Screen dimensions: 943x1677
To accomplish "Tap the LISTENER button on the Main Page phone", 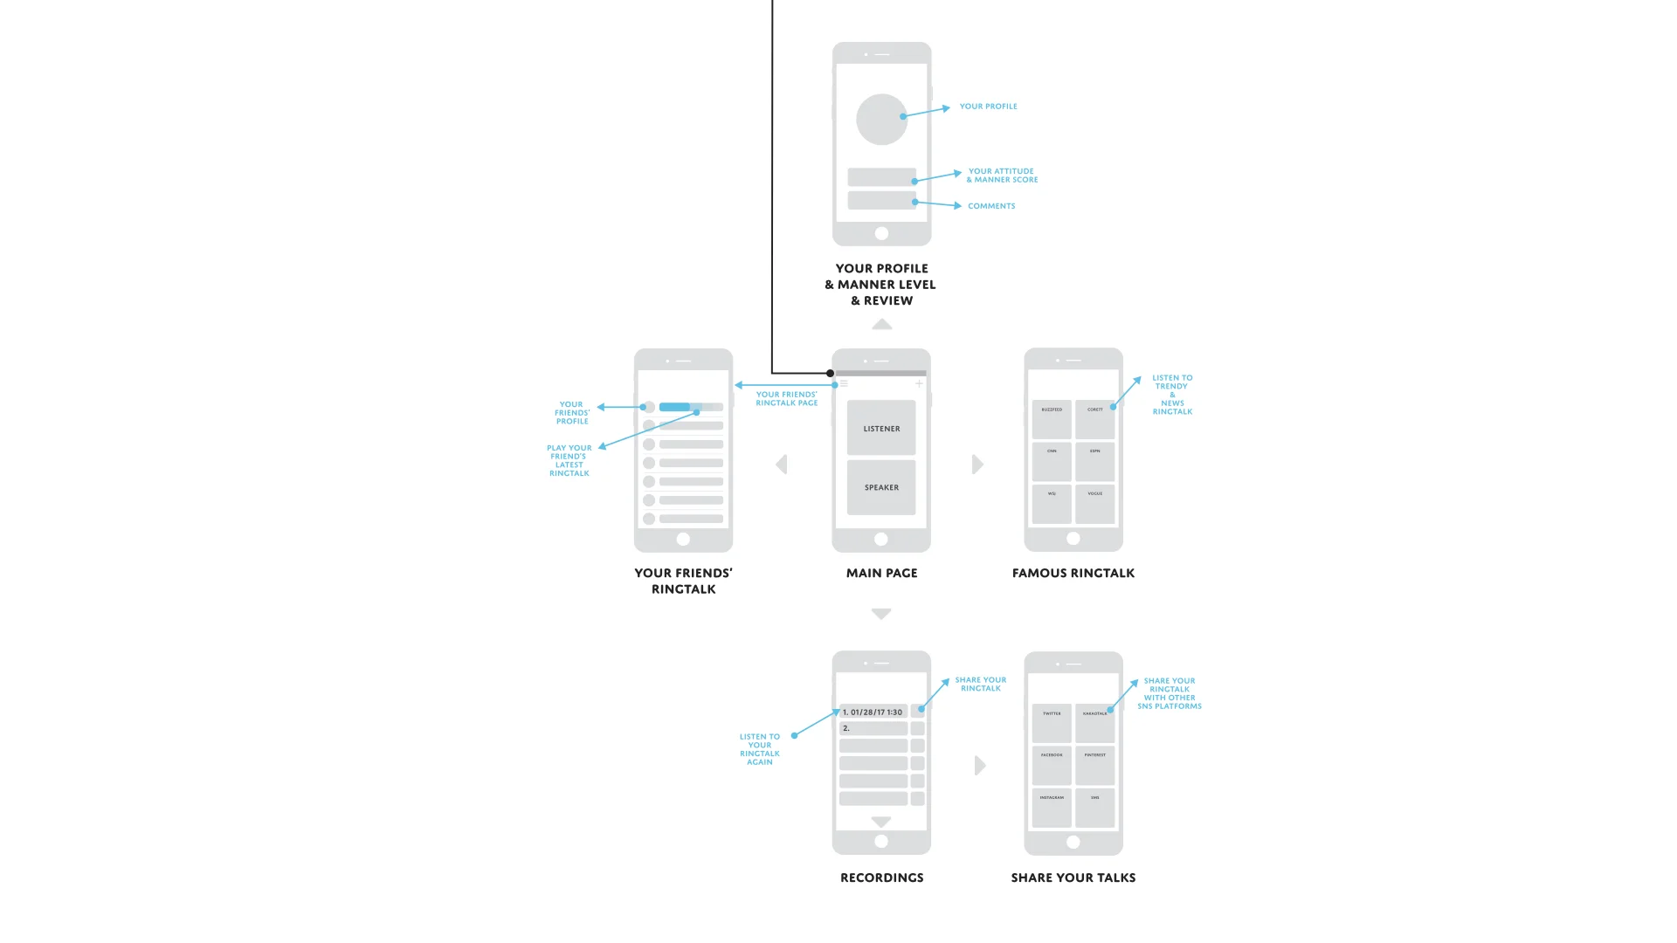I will point(881,428).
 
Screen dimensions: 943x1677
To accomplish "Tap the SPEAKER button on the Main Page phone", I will point(881,487).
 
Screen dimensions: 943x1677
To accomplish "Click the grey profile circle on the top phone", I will point(881,120).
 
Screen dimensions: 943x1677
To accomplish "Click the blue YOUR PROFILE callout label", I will point(988,107).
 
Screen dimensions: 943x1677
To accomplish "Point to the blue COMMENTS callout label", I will point(991,206).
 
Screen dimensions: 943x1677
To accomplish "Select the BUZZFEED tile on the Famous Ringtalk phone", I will point(1052,420).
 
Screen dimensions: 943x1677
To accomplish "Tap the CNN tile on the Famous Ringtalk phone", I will point(1052,462).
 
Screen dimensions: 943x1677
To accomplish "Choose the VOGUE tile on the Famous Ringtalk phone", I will point(1095,504).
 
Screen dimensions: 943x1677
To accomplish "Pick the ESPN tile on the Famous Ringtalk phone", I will point(1095,462).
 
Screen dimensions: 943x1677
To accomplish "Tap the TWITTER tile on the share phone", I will point(1052,723).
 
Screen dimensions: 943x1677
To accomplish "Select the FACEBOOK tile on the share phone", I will point(1052,765).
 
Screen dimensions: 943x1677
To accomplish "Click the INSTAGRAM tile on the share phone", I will point(1052,808).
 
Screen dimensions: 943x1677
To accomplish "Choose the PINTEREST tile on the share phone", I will point(1095,765).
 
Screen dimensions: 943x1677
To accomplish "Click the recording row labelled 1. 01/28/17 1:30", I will point(873,712).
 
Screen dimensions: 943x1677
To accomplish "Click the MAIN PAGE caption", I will point(881,573).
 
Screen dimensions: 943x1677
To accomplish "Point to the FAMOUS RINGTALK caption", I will point(1073,573).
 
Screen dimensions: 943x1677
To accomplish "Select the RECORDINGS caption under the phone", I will point(881,878).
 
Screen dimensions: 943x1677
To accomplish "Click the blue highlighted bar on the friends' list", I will point(675,407).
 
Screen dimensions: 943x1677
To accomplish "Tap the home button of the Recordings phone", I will point(881,841).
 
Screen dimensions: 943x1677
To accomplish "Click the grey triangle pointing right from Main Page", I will point(977,465).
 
